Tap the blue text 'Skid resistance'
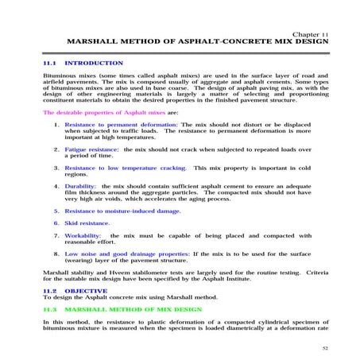point(87,224)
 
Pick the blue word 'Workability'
point(84,236)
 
